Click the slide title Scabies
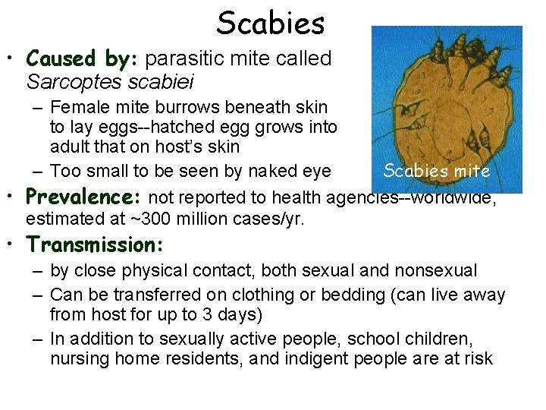271,23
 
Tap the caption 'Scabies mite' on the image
436,171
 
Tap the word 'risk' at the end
478,358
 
